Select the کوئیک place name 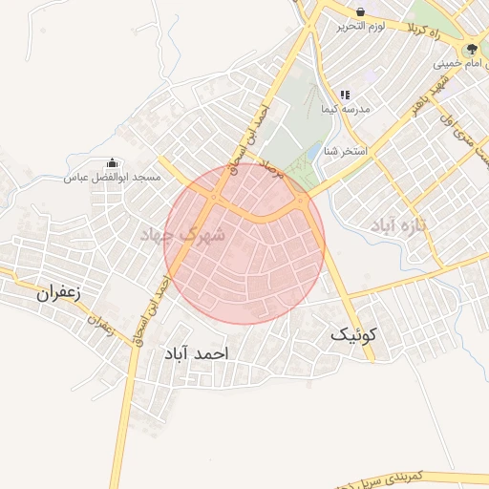(353, 335)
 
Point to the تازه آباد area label (397, 224)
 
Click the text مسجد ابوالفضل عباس (111, 178)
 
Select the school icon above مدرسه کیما (346, 96)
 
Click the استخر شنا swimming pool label (345, 150)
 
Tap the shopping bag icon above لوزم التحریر (360, 12)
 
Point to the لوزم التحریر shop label (360, 27)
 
